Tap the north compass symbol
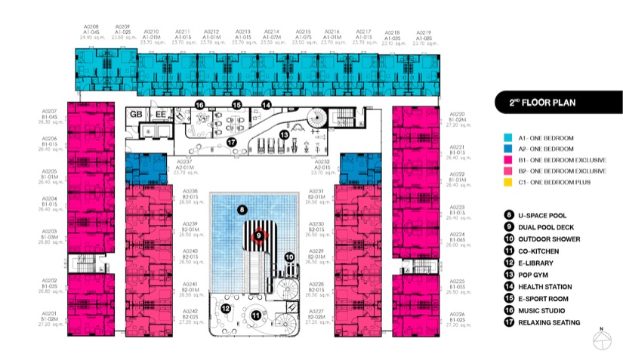601,341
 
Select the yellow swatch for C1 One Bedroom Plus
507,182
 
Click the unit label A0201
49,313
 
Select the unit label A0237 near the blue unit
186,162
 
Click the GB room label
137,114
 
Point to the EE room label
160,114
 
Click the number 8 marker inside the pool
242,209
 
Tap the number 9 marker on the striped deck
258,235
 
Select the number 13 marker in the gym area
284,134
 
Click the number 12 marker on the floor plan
226,308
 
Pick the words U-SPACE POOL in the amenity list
543,215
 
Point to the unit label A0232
323,162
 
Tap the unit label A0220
457,113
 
